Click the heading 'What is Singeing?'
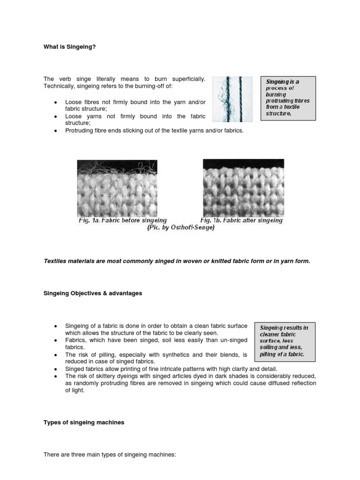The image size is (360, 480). click(x=69, y=47)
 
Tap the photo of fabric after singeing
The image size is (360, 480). click(x=243, y=187)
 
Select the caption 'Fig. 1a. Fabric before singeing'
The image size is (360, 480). click(x=122, y=220)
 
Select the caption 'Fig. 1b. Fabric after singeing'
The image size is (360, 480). click(x=241, y=220)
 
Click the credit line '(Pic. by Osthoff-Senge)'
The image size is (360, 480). click(x=181, y=228)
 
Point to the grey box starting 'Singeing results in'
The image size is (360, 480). click(x=285, y=341)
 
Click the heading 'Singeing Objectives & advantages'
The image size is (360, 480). click(x=93, y=293)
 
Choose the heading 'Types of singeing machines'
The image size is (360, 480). click(x=84, y=422)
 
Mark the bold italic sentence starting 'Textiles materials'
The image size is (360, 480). click(x=177, y=261)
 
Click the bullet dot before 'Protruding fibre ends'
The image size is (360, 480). click(x=56, y=131)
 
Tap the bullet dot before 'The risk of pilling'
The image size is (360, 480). click(x=56, y=355)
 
